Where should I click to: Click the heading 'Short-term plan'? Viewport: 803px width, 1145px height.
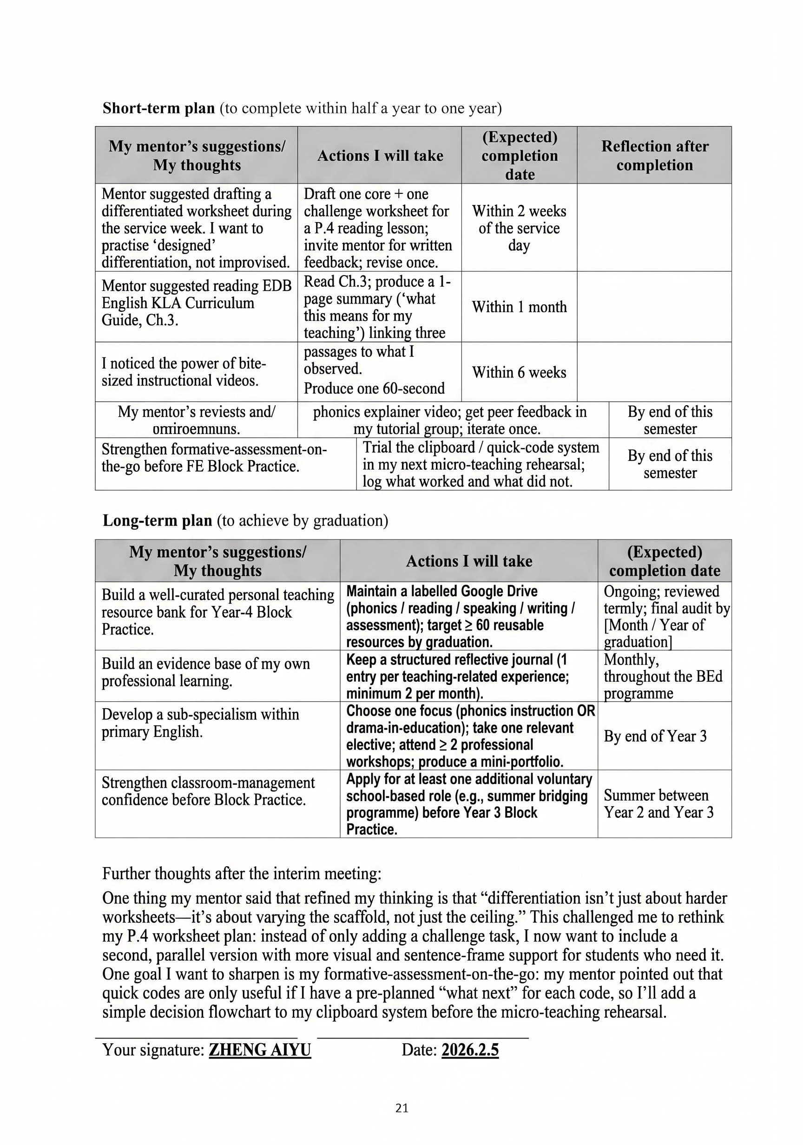coord(158,108)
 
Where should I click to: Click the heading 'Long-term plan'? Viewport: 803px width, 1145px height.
coord(157,520)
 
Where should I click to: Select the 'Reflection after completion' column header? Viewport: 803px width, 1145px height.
coord(654,155)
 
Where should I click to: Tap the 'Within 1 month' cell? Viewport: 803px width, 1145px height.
coord(519,307)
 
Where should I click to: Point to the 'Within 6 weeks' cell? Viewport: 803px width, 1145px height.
coord(519,372)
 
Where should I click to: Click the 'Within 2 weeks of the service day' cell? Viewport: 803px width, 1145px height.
coord(519,228)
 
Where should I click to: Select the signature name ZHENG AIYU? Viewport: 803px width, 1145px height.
coord(259,1050)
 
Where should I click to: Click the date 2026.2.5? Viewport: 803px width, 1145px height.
coord(470,1050)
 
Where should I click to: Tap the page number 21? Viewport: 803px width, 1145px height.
coord(401,1108)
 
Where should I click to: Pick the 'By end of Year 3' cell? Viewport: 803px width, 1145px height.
coord(655,736)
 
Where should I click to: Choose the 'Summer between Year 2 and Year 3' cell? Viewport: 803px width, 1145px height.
coord(658,804)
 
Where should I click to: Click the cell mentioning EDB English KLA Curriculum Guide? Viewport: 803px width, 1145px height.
coord(196,303)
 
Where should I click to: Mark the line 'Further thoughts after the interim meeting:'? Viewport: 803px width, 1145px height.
coord(242,874)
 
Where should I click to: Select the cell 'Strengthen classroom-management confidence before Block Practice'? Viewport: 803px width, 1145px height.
coord(208,791)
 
